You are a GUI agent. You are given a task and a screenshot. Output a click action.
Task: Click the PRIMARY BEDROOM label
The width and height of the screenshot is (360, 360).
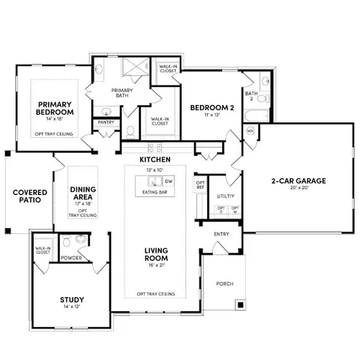coord(54,108)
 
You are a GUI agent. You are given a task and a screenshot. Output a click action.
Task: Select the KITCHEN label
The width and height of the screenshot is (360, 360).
coord(154,160)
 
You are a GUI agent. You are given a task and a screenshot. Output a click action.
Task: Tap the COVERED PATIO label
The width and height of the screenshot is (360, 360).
coord(30,196)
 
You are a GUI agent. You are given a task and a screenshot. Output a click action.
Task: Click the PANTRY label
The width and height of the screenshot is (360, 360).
coord(106,122)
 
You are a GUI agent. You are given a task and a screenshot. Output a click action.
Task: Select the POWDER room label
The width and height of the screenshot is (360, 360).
coord(71,257)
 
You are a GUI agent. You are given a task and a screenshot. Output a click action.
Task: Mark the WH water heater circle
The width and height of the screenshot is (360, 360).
coord(250,130)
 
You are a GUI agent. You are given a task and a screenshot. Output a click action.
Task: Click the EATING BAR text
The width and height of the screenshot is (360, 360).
coord(154,193)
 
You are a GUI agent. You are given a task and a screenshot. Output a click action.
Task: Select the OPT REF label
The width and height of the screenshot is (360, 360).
coord(200,184)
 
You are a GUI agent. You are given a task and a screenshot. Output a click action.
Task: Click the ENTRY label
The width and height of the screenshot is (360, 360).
coord(221,234)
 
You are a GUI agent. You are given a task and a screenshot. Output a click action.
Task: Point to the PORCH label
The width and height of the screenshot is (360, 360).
coord(224,284)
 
